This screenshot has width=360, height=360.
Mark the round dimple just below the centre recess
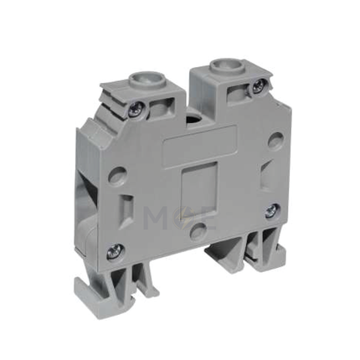pyautogui.click(x=198, y=230)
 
